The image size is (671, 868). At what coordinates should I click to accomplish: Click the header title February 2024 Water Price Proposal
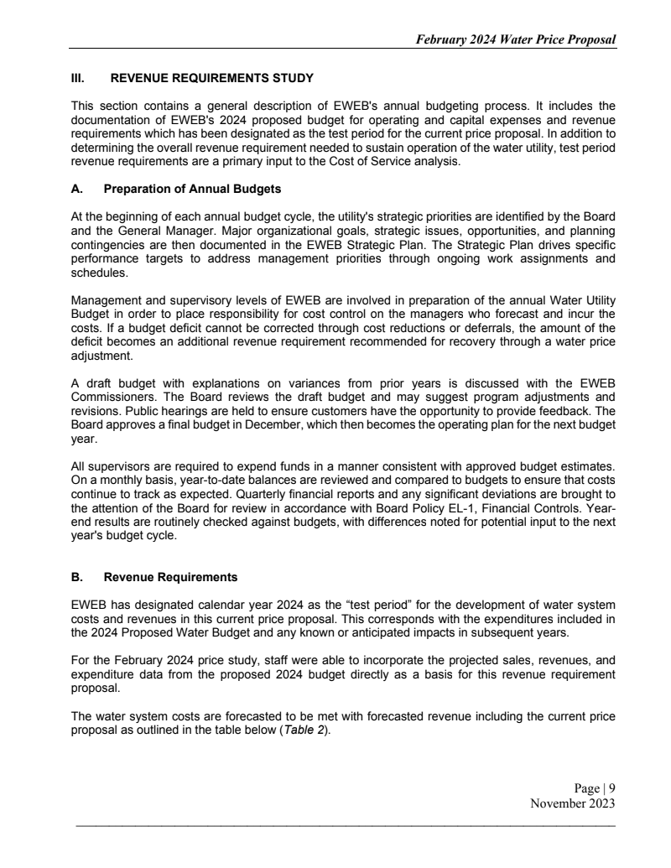click(x=511, y=39)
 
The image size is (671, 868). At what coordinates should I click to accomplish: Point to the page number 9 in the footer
click(x=612, y=787)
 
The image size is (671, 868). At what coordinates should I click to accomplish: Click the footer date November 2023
click(x=574, y=803)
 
